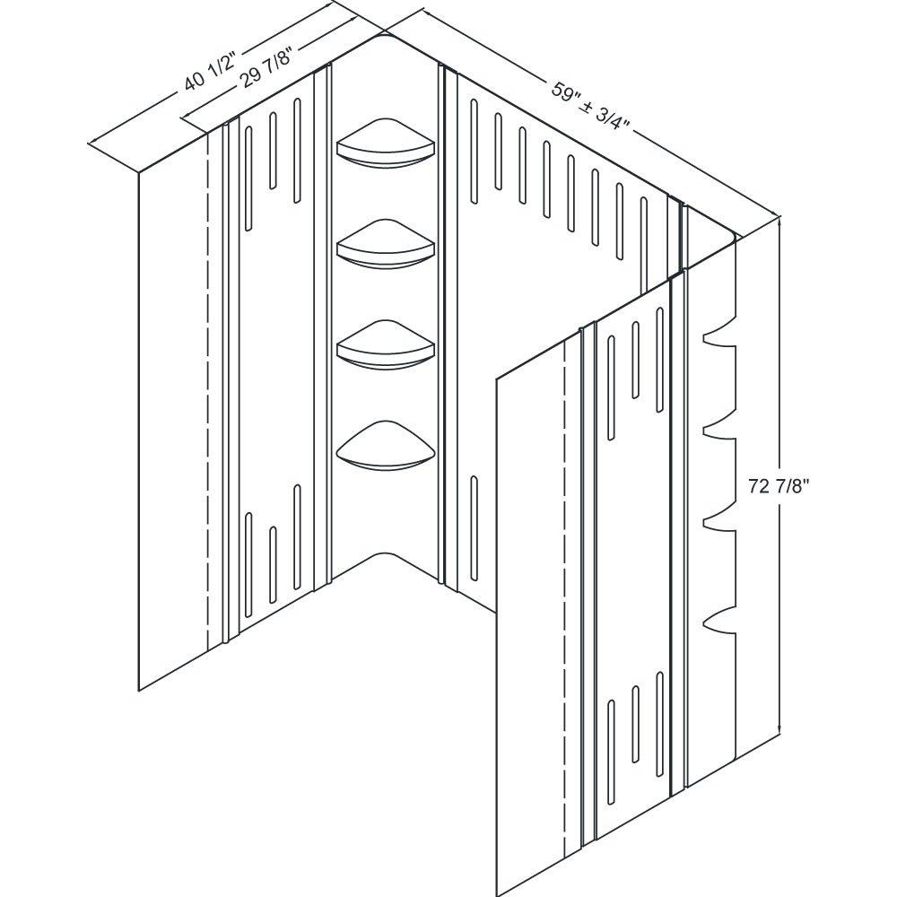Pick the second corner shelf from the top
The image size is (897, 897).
[x=386, y=243]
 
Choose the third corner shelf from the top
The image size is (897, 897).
[x=386, y=344]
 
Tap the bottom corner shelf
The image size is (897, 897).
[x=386, y=446]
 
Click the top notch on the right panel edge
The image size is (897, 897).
[x=713, y=339]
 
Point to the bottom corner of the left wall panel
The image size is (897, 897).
[x=139, y=689]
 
